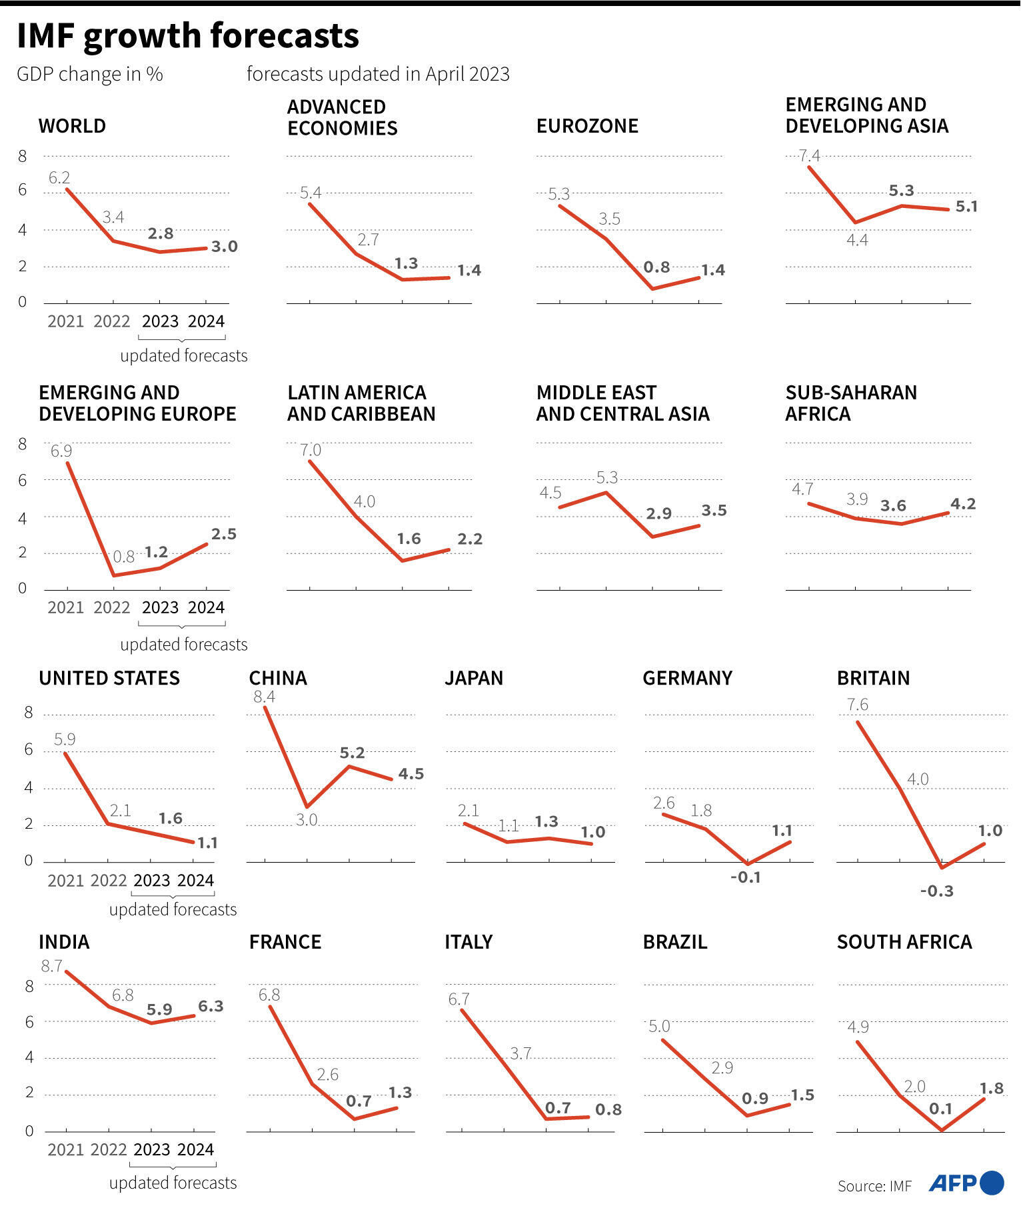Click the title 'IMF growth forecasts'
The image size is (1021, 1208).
pos(188,36)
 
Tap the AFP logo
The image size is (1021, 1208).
pos(966,1183)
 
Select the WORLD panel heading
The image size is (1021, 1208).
pos(72,126)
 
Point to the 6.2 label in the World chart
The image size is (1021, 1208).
pos(59,177)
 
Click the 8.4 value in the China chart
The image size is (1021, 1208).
pos(264,697)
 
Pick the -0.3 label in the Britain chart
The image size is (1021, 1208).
pos(936,891)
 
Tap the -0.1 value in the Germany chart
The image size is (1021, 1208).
pos(745,877)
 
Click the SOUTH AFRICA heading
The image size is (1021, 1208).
pos(904,941)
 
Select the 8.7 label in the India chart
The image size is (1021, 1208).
pos(51,966)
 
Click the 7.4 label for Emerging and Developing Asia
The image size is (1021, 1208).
pos(809,156)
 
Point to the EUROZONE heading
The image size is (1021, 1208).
pos(587,126)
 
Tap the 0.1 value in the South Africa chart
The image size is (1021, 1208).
pos(940,1109)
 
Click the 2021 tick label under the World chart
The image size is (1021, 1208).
pos(65,321)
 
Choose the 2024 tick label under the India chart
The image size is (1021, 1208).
pos(195,1149)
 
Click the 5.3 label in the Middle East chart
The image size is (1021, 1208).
pos(606,477)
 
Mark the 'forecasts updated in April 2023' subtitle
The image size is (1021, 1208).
pos(378,74)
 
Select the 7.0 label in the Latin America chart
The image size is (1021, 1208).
pos(311,450)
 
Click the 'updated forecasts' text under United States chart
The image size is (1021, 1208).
pos(173,909)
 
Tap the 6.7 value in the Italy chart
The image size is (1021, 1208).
pos(459,999)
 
